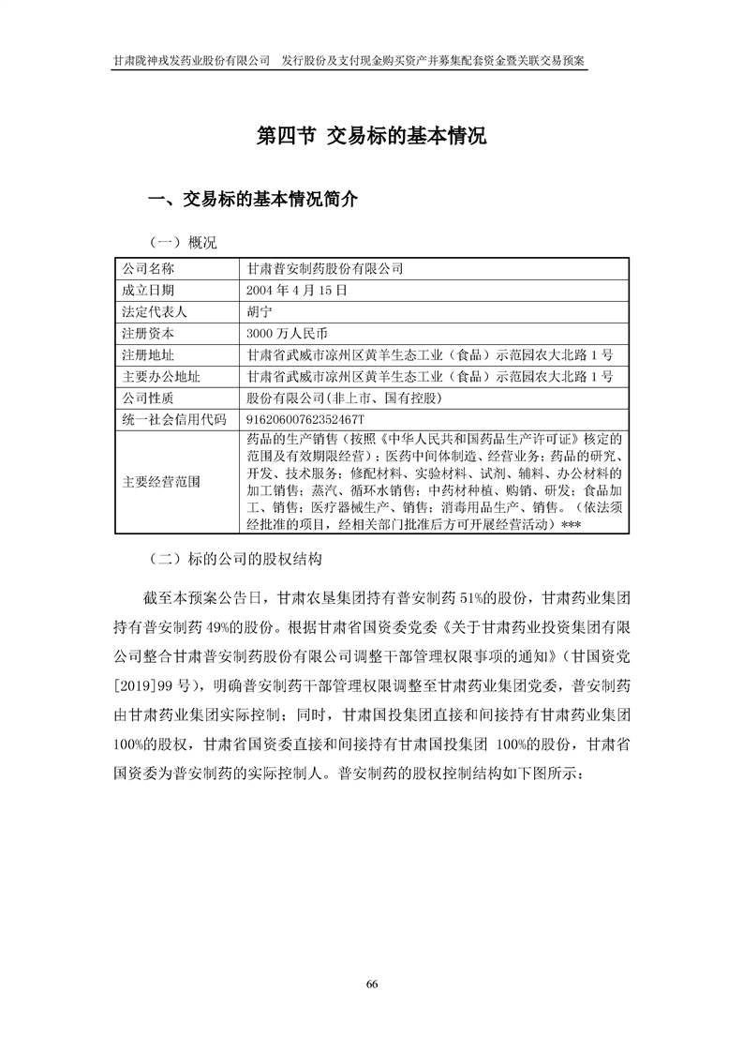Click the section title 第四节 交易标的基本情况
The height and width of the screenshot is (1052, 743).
pyautogui.click(x=371, y=136)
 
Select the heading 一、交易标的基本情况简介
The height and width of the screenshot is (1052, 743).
pyautogui.click(x=253, y=200)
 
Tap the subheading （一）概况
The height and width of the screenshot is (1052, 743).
pyautogui.click(x=183, y=243)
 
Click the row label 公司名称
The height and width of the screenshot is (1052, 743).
pyautogui.click(x=148, y=268)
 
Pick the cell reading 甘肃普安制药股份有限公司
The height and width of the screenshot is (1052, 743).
pyautogui.click(x=324, y=268)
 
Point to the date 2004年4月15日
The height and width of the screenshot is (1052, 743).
pyautogui.click(x=296, y=290)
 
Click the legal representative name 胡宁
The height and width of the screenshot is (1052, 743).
pyautogui.click(x=259, y=311)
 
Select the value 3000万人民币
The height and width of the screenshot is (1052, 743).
pyautogui.click(x=287, y=333)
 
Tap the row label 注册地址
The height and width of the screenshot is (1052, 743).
pyautogui.click(x=148, y=354)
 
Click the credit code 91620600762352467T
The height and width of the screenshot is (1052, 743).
pyautogui.click(x=305, y=419)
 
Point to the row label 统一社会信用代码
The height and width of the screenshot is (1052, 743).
pyautogui.click(x=169, y=419)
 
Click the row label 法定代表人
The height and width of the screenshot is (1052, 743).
pyautogui.click(x=155, y=311)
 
